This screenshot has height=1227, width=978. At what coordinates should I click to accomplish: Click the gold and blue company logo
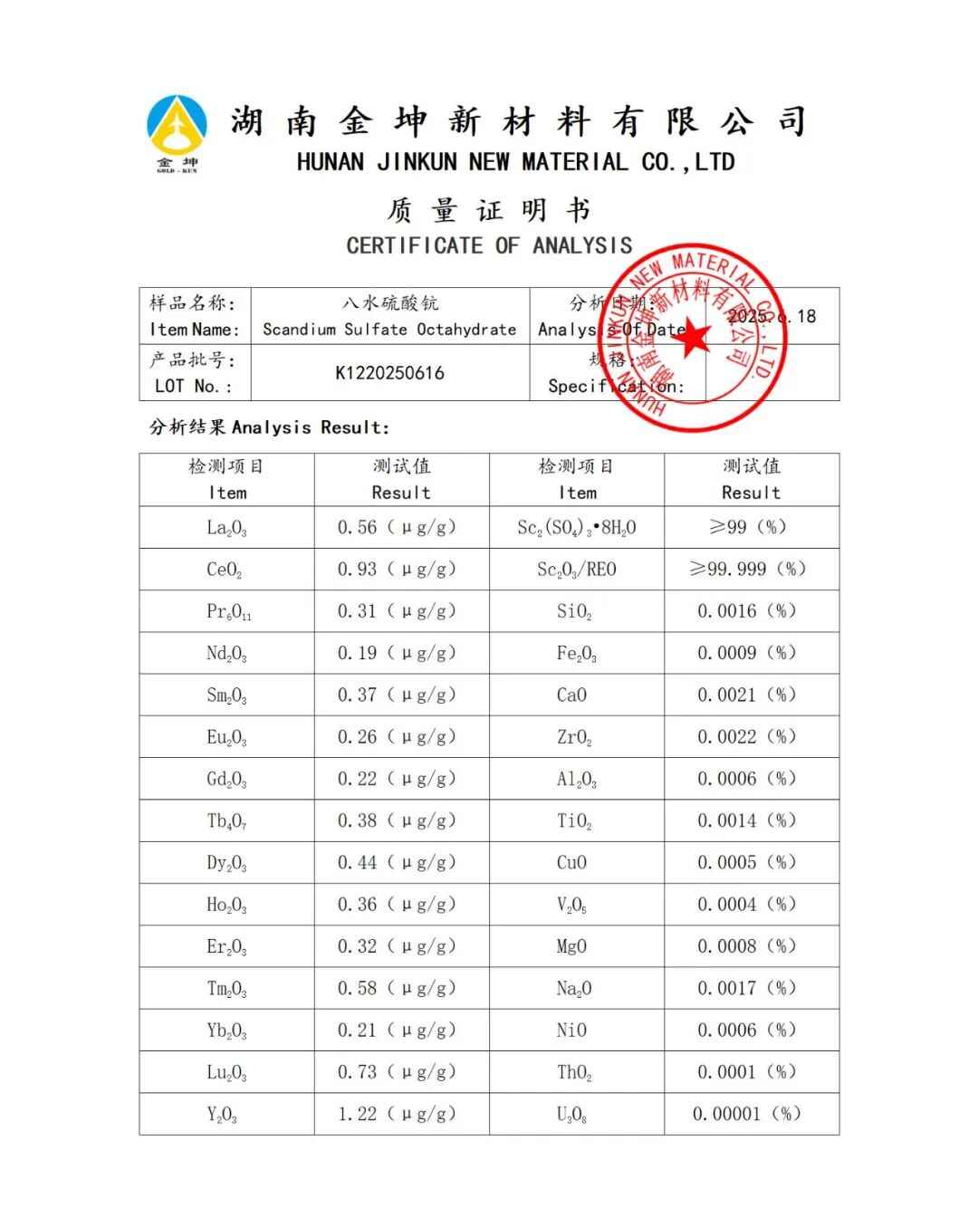[x=177, y=131]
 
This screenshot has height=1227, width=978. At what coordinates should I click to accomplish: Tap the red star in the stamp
[x=693, y=339]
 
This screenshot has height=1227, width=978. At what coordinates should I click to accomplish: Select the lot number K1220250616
[x=389, y=373]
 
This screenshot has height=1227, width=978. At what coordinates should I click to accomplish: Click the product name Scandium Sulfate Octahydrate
[x=389, y=330]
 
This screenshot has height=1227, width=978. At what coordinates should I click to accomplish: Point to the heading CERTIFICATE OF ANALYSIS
[x=489, y=245]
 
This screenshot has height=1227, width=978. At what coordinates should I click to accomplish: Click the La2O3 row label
[x=226, y=528]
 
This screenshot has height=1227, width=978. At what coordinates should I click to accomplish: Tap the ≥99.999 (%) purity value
[x=747, y=570]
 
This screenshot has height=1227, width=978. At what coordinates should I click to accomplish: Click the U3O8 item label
[x=571, y=1115]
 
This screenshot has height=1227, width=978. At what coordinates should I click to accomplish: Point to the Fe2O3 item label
[x=576, y=653]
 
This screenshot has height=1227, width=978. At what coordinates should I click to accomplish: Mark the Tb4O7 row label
[x=226, y=821]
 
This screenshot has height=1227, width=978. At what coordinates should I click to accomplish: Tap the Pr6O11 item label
[x=228, y=612]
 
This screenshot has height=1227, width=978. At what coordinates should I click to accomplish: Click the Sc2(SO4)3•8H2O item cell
[x=576, y=528]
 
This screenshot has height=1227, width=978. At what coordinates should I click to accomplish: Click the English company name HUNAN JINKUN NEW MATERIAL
[x=515, y=163]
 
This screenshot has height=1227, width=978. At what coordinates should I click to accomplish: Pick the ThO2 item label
[x=574, y=1073]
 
